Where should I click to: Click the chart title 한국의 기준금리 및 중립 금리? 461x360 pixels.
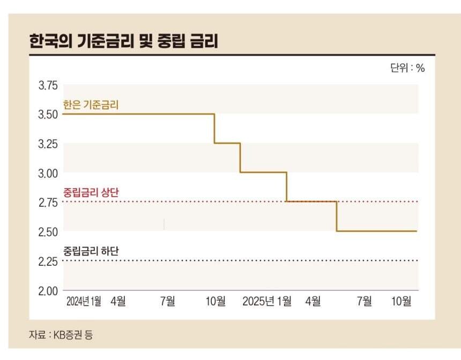123,41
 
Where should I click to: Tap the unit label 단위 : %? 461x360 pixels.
407,69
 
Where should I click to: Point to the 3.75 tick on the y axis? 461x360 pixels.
48,86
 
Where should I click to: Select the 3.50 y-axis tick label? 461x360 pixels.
48,115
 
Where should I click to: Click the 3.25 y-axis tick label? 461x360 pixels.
48,144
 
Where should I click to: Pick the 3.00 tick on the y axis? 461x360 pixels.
48,173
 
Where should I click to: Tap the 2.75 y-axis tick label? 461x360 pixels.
48,202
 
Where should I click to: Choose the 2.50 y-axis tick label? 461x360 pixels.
48,232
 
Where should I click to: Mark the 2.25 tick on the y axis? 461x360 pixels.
48,261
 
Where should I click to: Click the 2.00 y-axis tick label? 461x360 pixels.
48,291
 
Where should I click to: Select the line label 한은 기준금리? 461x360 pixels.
91,105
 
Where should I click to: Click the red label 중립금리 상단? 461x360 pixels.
91,192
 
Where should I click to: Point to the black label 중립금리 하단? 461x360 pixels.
91,251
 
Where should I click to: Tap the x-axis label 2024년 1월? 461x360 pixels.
84,302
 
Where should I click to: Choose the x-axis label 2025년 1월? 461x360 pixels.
267,302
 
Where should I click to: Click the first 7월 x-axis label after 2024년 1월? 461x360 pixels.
167,302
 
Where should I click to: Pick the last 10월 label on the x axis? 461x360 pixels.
401,302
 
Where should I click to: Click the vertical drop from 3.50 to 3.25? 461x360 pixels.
214,129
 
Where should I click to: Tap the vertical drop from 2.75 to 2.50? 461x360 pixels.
337,216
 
